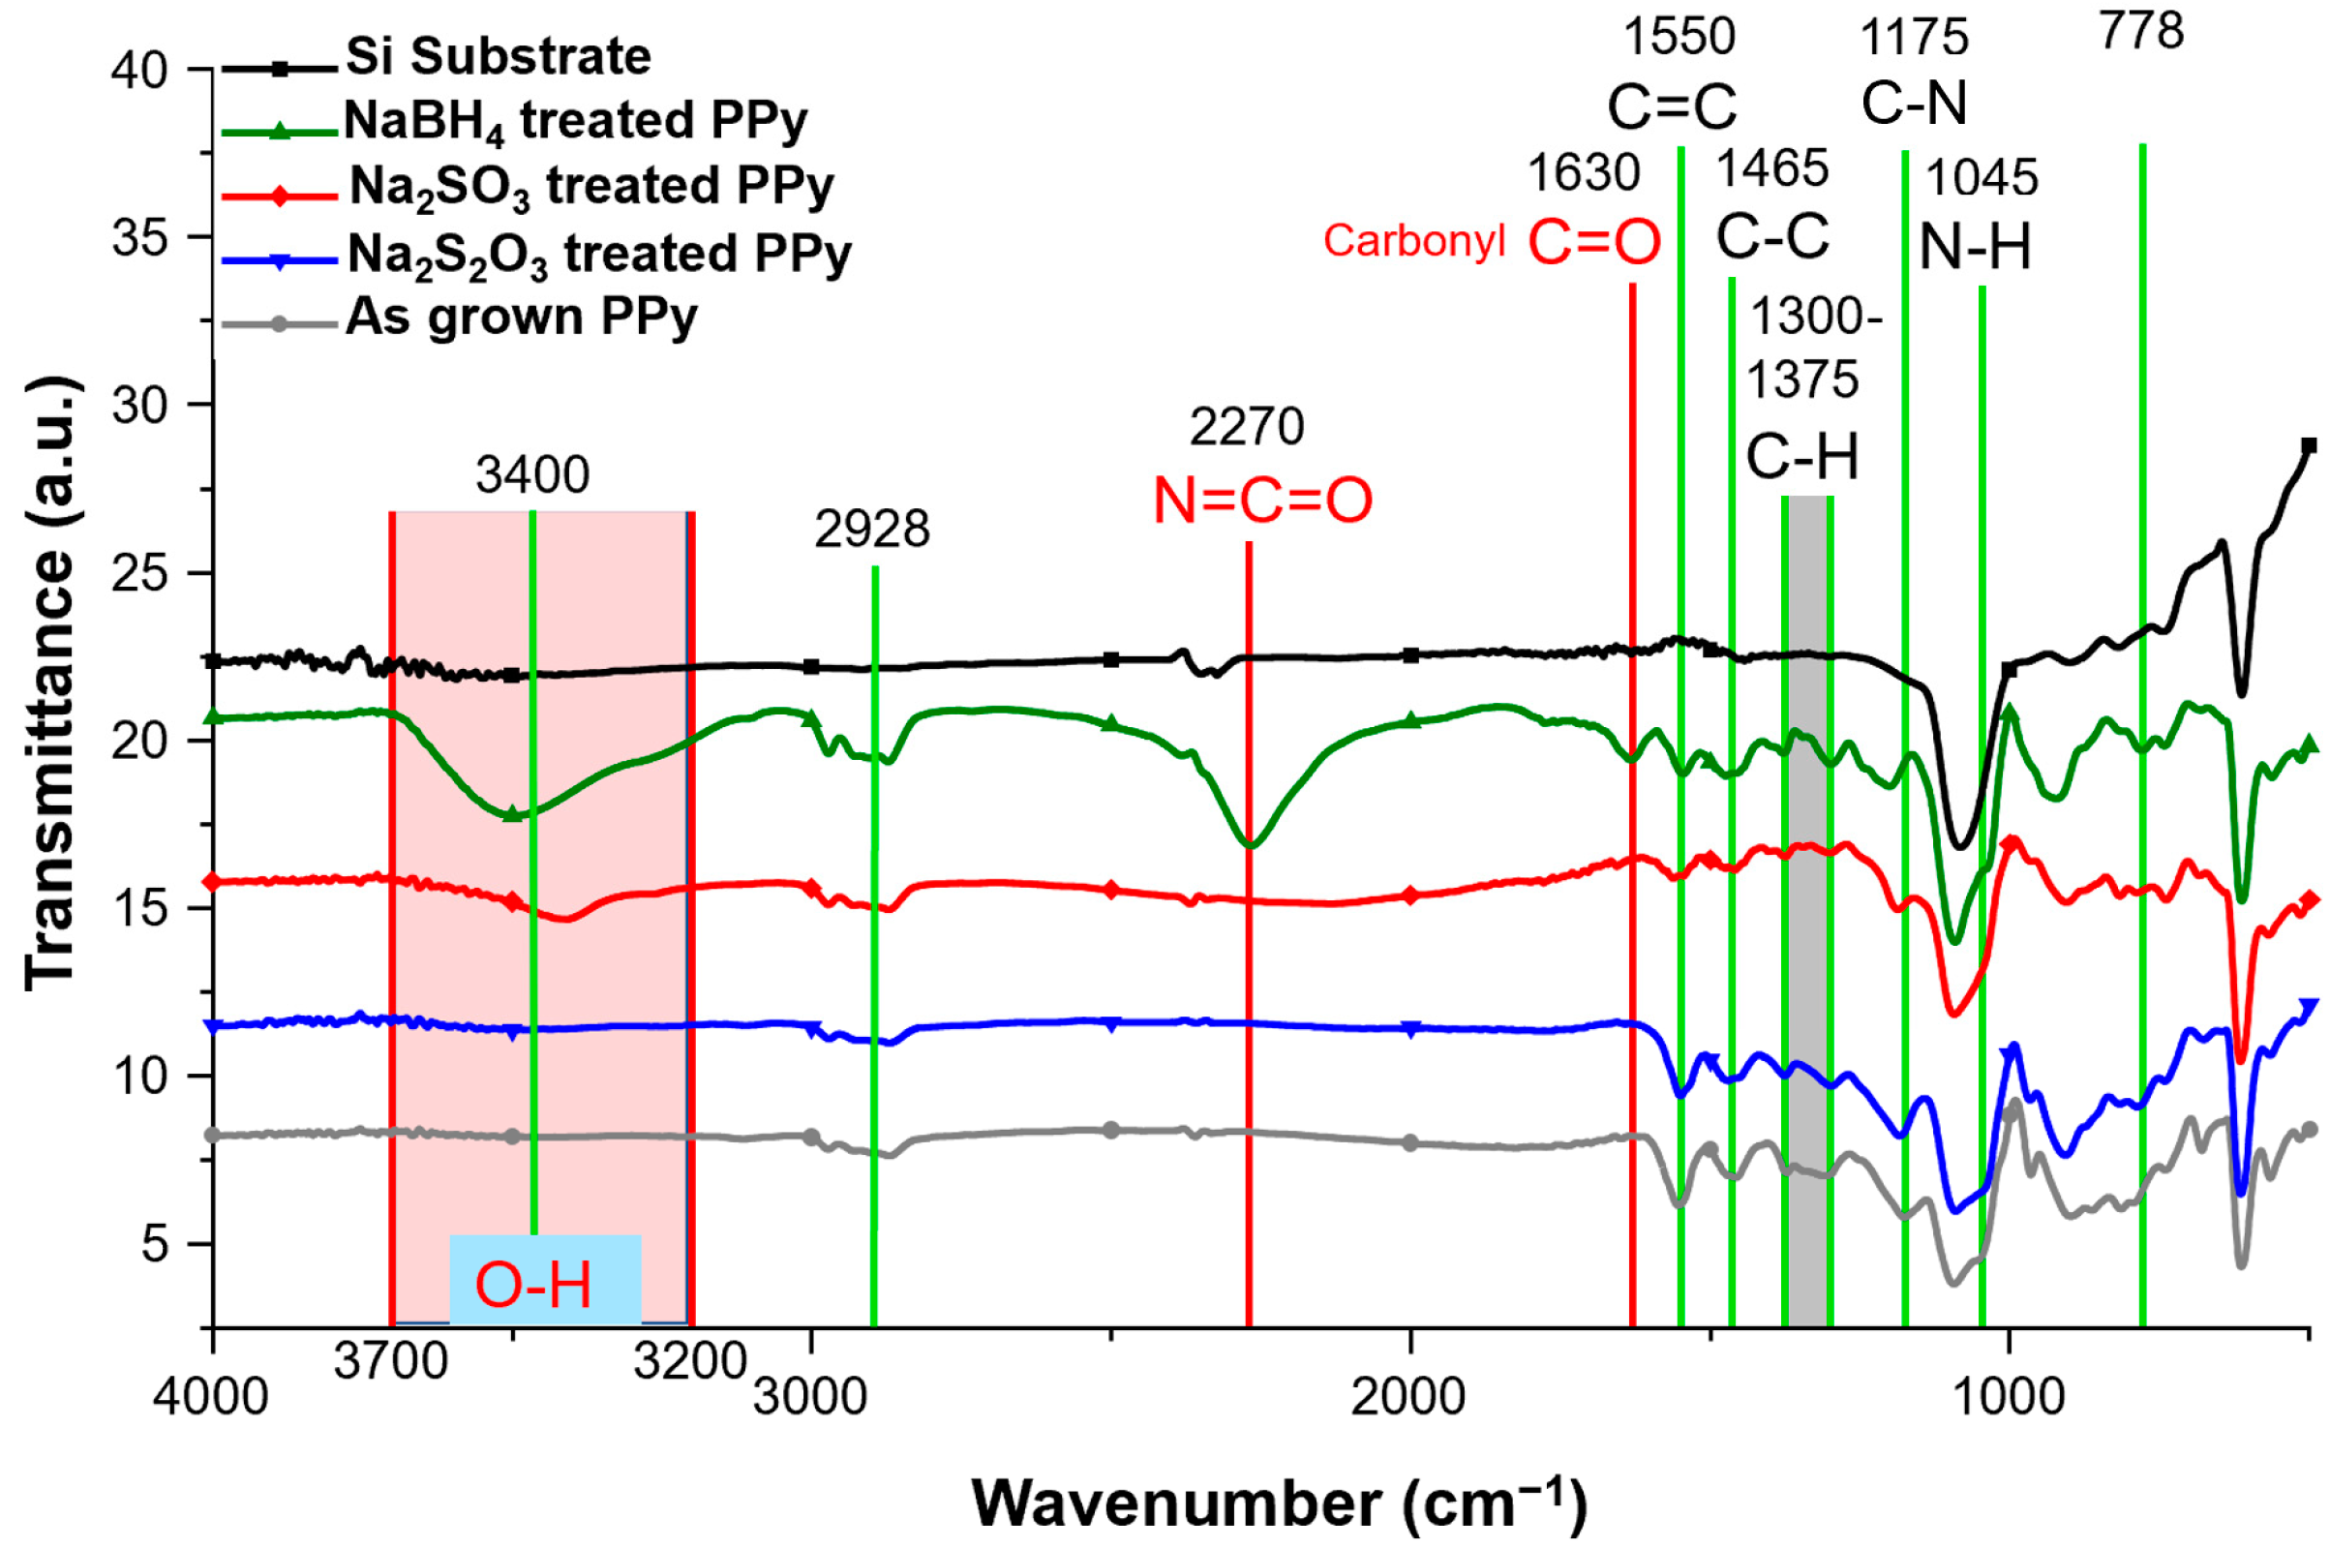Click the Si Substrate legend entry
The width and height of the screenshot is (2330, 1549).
pos(498,56)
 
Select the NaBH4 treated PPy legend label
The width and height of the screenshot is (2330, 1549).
pos(575,122)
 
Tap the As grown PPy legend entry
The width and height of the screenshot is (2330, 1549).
pos(522,318)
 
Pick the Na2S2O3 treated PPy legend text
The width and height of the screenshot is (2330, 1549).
pos(598,254)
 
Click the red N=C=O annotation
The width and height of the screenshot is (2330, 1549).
pos(1262,501)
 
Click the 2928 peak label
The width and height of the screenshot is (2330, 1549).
pos(871,531)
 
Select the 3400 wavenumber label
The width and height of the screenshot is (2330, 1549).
pos(532,475)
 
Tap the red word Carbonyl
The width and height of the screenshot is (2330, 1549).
pos(1413,241)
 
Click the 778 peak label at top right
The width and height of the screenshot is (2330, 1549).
pos(2140,32)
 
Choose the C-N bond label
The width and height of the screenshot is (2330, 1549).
pos(1913,103)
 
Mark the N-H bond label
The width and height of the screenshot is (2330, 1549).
pos(1975,247)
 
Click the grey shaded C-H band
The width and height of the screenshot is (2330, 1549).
pos(1806,889)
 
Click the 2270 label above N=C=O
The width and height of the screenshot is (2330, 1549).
pos(1246,428)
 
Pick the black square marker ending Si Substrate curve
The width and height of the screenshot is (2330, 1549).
pos(2309,445)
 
